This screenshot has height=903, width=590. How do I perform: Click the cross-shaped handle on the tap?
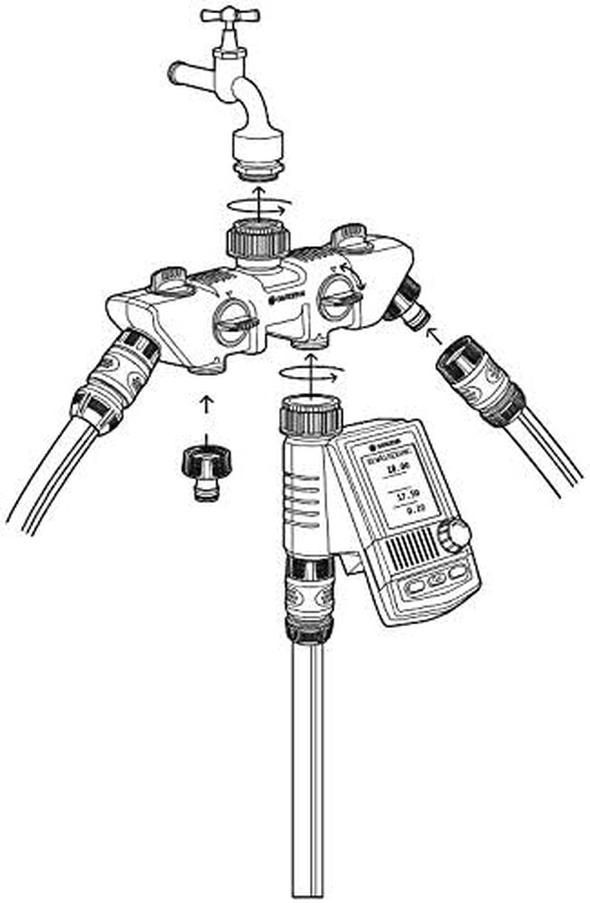[x=230, y=15]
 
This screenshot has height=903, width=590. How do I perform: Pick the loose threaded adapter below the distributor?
[x=206, y=472]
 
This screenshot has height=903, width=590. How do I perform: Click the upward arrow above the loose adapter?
[x=206, y=404]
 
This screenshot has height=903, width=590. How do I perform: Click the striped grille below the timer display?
[x=417, y=550]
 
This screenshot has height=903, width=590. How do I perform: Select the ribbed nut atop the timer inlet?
[x=310, y=417]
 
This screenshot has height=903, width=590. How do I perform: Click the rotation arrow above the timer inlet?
[x=310, y=374]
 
